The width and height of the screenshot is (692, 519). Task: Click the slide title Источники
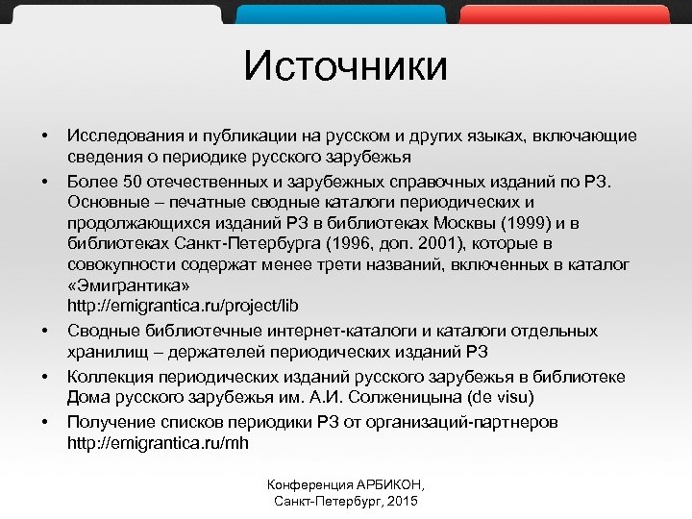point(345,67)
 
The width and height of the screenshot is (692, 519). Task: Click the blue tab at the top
point(340,12)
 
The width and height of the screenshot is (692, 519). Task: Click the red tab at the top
point(563,12)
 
